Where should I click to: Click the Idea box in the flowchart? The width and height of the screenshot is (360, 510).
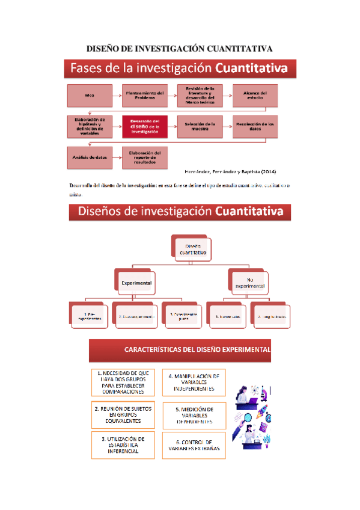tap(90, 95)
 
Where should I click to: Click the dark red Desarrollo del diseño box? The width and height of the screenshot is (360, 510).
tap(144, 127)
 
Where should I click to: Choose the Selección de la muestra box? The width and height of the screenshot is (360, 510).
tap(200, 127)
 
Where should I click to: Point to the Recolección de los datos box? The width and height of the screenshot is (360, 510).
tap(255, 127)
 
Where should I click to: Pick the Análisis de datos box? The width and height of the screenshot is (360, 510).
tap(90, 157)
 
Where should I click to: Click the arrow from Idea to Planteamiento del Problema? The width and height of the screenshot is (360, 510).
tap(117, 95)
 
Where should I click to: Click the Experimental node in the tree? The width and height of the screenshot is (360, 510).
tap(136, 281)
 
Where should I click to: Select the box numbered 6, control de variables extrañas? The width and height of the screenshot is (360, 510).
tap(194, 445)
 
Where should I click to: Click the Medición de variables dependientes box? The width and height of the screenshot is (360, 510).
tap(194, 415)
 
